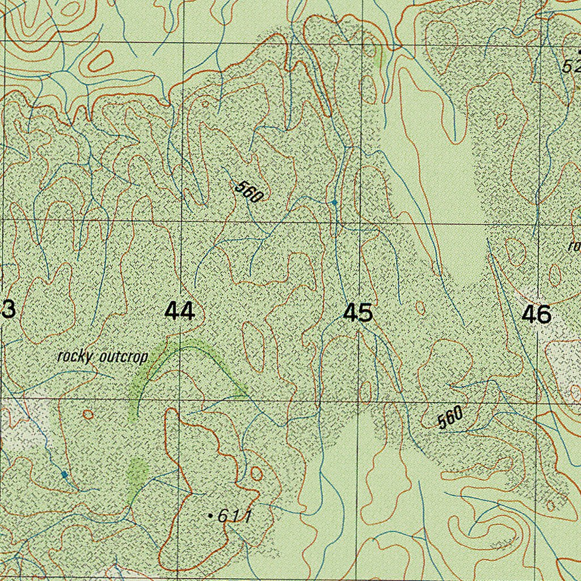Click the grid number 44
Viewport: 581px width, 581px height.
179,312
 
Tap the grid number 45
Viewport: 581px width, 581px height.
358,313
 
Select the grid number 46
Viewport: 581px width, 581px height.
536,314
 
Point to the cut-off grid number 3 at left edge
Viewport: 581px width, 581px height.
8,310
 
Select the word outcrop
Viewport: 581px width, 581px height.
123,357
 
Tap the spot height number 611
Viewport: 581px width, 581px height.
234,516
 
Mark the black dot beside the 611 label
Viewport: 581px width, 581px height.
210,516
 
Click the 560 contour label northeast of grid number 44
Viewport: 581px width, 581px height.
249,192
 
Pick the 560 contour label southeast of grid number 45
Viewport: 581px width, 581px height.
450,418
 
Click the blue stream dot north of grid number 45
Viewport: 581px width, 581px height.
334,202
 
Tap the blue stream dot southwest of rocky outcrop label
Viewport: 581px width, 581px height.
65,474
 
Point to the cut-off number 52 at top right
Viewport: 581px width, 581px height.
571,66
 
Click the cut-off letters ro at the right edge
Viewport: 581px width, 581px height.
574,246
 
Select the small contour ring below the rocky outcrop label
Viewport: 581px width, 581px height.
88,414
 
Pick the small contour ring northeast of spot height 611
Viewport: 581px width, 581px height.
256,473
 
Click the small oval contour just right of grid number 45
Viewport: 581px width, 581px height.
420,308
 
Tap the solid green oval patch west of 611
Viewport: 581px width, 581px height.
137,470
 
